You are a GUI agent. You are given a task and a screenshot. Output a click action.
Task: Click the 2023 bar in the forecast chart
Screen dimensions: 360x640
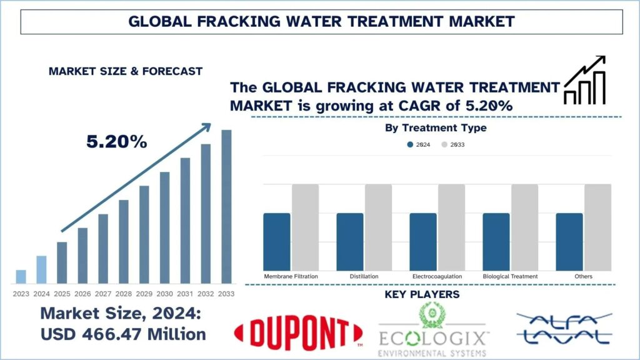pos(21,276)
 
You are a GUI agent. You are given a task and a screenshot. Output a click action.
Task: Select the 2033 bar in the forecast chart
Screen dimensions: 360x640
pos(226,206)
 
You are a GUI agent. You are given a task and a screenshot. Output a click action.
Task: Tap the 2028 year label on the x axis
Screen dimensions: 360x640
pos(124,294)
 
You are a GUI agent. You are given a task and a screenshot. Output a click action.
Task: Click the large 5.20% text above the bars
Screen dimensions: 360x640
pos(117,142)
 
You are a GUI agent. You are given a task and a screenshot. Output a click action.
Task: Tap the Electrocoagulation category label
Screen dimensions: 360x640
pos(437,276)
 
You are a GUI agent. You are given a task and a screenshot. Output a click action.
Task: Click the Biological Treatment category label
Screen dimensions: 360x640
pos(510,276)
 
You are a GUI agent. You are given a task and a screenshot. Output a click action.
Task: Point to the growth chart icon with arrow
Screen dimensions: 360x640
pos(584,80)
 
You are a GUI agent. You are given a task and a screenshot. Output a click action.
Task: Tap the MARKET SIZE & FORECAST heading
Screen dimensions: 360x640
pos(126,71)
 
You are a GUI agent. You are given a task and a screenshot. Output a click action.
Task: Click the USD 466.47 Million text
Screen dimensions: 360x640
pos(123,334)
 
